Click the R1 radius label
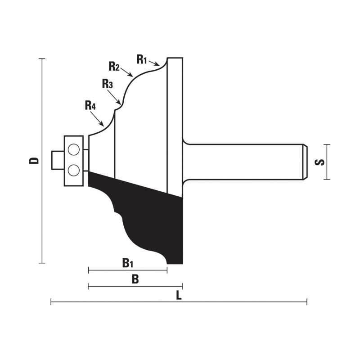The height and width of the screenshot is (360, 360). coord(142,59)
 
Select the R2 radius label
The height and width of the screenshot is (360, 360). coord(114,66)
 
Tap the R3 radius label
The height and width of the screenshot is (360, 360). coord(108,84)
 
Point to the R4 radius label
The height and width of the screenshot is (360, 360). coord(90,105)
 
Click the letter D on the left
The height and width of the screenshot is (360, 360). coord(34,161)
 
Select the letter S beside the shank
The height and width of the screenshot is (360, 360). coord(319,162)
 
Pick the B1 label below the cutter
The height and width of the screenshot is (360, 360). coord(128,263)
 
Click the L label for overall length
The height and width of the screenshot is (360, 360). coord(179,295)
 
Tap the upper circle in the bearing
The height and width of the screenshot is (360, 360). coord(74,149)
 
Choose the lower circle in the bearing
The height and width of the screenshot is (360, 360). coord(74,171)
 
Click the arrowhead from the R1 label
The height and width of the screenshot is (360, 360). coord(157,64)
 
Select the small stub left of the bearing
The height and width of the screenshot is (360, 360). coord(58,160)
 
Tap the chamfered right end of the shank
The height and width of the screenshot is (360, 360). coord(305,162)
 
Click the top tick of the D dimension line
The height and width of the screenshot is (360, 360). coord(42,59)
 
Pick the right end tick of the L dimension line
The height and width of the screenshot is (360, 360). coord(307,301)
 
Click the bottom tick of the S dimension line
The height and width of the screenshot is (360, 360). coord(327,180)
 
